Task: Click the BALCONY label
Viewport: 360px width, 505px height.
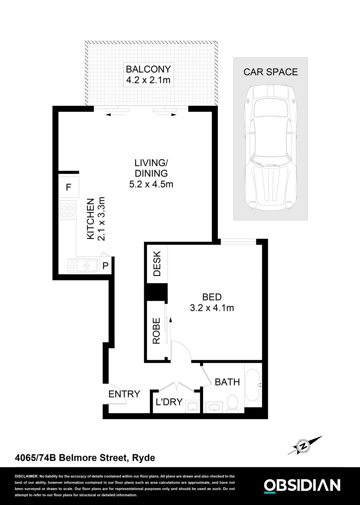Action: [148, 69]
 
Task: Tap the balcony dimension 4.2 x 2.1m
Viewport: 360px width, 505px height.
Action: [148, 80]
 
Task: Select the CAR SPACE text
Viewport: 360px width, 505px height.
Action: [270, 72]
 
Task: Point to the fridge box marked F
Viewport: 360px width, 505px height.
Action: [68, 187]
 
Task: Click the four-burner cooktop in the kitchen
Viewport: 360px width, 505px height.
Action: [67, 211]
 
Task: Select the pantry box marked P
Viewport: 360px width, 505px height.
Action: [105, 265]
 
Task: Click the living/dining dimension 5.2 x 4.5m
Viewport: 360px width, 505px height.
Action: [151, 184]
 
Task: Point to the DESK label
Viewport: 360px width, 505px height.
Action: [157, 264]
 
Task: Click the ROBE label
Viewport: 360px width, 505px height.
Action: [156, 330]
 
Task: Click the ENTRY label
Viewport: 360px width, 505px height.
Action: [124, 394]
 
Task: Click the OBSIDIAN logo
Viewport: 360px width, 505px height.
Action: [302, 485]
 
